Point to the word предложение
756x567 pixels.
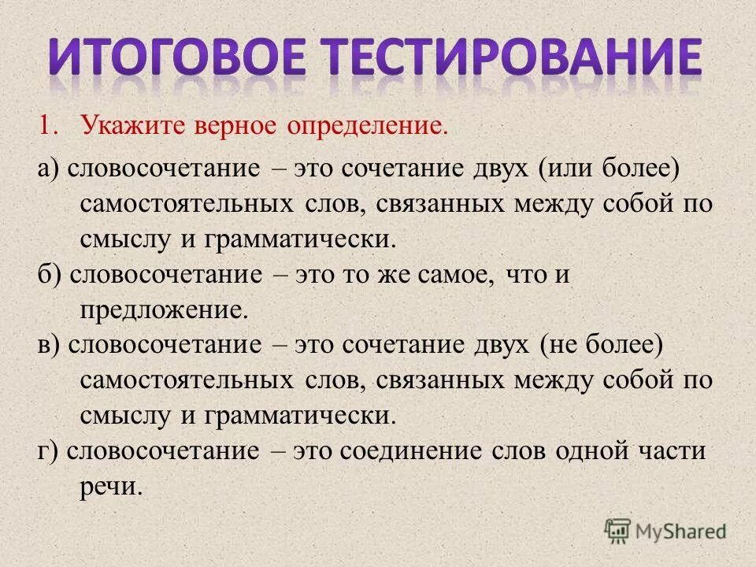point(164,310)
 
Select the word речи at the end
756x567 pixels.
point(111,486)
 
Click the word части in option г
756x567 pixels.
point(668,451)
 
